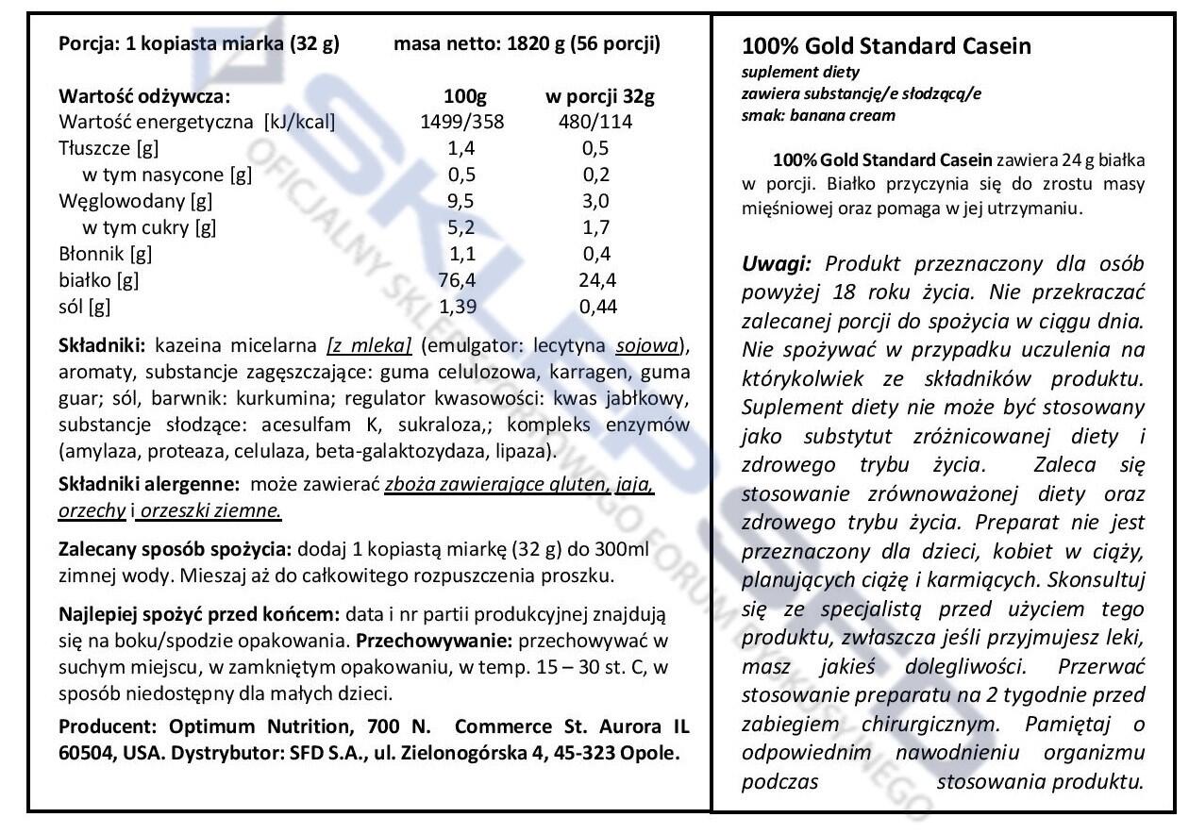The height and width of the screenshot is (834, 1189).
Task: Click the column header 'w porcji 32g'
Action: tap(600, 96)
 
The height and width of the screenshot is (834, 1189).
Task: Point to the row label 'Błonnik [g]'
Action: tap(105, 254)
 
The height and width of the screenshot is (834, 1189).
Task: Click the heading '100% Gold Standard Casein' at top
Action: tap(886, 46)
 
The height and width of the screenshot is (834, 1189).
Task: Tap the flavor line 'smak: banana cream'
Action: tap(818, 116)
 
